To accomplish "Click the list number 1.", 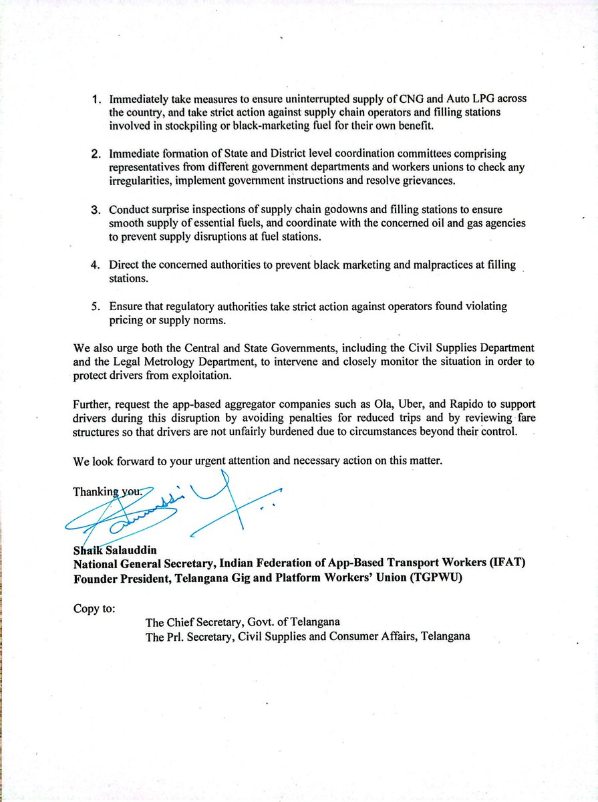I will point(96,100).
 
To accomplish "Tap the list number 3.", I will point(96,210).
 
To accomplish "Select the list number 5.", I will point(96,307).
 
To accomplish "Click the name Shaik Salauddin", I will point(114,550).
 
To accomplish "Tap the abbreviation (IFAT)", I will point(502,563).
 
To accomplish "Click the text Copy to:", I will point(94,610).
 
